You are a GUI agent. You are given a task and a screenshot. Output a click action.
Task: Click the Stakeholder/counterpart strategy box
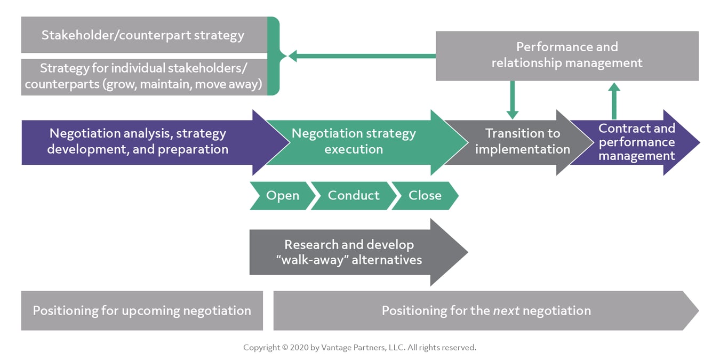coord(143,35)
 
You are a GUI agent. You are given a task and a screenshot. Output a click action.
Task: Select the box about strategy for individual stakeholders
coord(143,77)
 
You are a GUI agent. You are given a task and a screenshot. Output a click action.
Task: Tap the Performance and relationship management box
coord(566,55)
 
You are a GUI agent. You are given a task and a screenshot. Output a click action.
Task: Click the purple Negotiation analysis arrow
coord(138,142)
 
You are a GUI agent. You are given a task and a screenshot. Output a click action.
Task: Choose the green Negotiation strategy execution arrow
coord(354,142)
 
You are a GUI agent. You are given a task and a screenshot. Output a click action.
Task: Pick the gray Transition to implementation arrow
coord(517,142)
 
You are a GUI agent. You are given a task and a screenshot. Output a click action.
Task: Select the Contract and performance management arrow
coord(636,142)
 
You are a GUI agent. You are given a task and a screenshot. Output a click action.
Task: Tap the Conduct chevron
coord(354,196)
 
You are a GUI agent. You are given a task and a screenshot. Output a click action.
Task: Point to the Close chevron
coord(425,196)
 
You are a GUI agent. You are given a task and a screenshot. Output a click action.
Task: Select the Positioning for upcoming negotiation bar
coord(142,310)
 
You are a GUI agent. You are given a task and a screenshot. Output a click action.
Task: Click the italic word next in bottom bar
coord(506,311)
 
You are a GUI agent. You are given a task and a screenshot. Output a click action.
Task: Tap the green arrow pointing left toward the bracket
coord(363,55)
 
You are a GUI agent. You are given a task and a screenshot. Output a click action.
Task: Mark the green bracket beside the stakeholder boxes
coord(273,56)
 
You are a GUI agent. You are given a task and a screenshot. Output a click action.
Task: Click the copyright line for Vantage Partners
coord(359,347)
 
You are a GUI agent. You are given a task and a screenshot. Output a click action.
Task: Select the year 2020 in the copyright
coord(299,347)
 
